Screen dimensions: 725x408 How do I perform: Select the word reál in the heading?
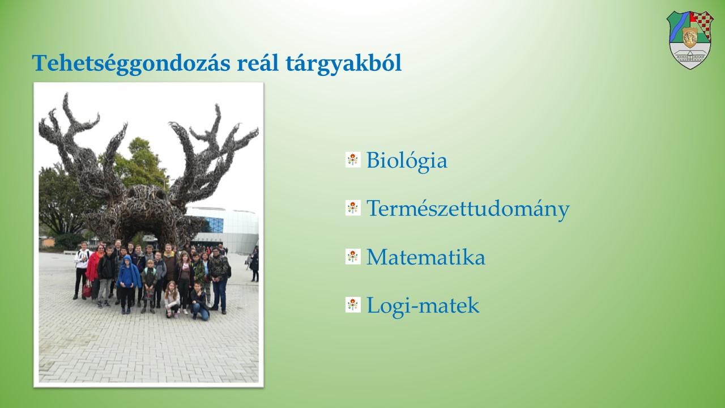(258, 62)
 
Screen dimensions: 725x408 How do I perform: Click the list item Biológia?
(407, 160)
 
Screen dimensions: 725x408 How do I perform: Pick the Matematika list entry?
(425, 257)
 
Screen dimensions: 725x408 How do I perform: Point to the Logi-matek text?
(423, 305)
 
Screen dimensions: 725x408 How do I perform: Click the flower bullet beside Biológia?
(353, 160)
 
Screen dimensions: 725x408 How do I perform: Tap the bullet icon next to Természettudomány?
(353, 208)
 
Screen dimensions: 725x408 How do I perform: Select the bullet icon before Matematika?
(353, 257)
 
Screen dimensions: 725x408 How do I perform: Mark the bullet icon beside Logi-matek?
(353, 305)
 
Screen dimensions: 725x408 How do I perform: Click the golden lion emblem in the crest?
(690, 37)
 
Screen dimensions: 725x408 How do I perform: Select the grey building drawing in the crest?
(690, 57)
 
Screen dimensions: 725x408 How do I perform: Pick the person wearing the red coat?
(94, 272)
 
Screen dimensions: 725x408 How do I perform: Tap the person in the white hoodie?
(81, 270)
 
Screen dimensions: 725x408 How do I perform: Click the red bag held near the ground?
(87, 289)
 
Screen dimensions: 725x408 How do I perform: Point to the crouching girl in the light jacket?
(172, 300)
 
